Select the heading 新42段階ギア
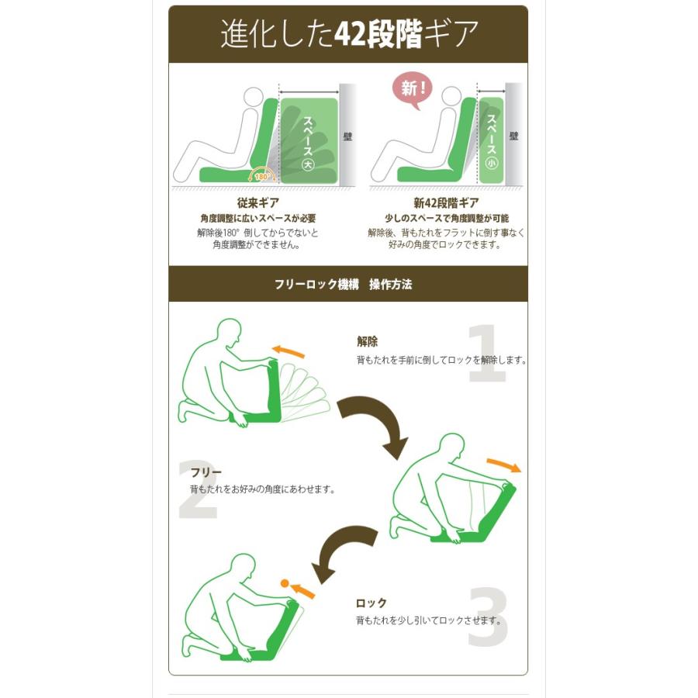pyautogui.click(x=446, y=203)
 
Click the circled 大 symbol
pyautogui.click(x=308, y=164)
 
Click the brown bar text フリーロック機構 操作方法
pyautogui.click(x=343, y=285)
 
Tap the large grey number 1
pyautogui.click(x=487, y=354)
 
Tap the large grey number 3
pyautogui.click(x=487, y=618)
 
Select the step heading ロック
pyautogui.click(x=371, y=603)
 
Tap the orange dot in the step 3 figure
pyautogui.click(x=284, y=582)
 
